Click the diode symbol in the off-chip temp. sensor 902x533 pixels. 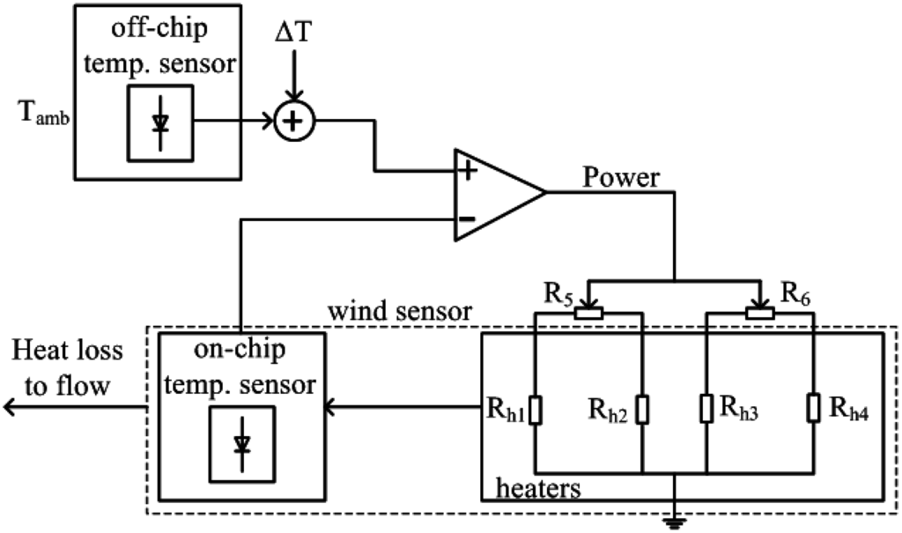(x=159, y=122)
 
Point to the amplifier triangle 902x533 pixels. (x=493, y=195)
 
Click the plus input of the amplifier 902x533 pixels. (x=469, y=172)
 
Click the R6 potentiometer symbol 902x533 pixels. (x=759, y=312)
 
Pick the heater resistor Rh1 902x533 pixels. (x=536, y=409)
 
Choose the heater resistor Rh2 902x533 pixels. (x=644, y=409)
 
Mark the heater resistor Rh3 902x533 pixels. (x=706, y=409)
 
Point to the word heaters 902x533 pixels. (x=538, y=487)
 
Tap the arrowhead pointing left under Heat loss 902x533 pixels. (x=11, y=407)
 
